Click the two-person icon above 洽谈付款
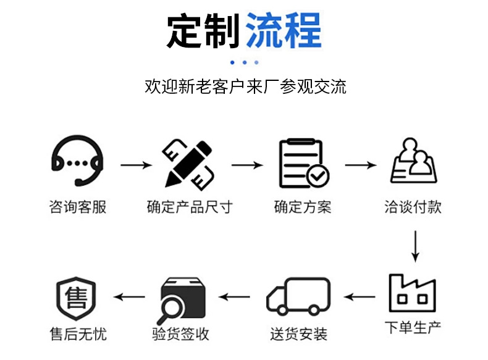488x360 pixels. tap(413, 161)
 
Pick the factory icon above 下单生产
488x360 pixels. tap(412, 293)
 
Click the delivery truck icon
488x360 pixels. tap(298, 297)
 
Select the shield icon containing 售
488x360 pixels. tap(77, 299)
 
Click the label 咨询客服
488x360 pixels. tap(77, 207)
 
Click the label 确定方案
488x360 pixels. tap(303, 207)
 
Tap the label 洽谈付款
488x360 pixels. tap(413, 207)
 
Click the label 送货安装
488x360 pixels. tap(298, 335)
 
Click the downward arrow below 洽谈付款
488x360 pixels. tap(415, 246)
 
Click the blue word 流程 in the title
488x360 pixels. tap(284, 30)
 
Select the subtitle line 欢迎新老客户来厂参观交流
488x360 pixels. tap(245, 86)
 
